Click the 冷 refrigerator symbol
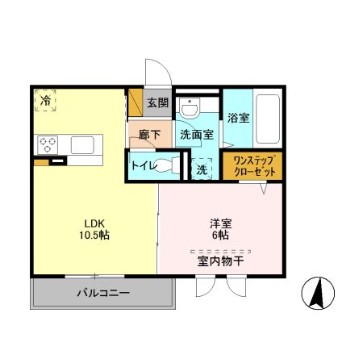coord(46,101)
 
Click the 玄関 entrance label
coord(158,102)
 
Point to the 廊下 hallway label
coord(148,134)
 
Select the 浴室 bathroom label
coord(238,116)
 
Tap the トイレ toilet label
coord(143,167)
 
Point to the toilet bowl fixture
coord(167,166)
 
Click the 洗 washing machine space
coord(202,169)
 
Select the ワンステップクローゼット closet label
coord(253,167)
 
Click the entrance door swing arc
coord(154,71)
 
